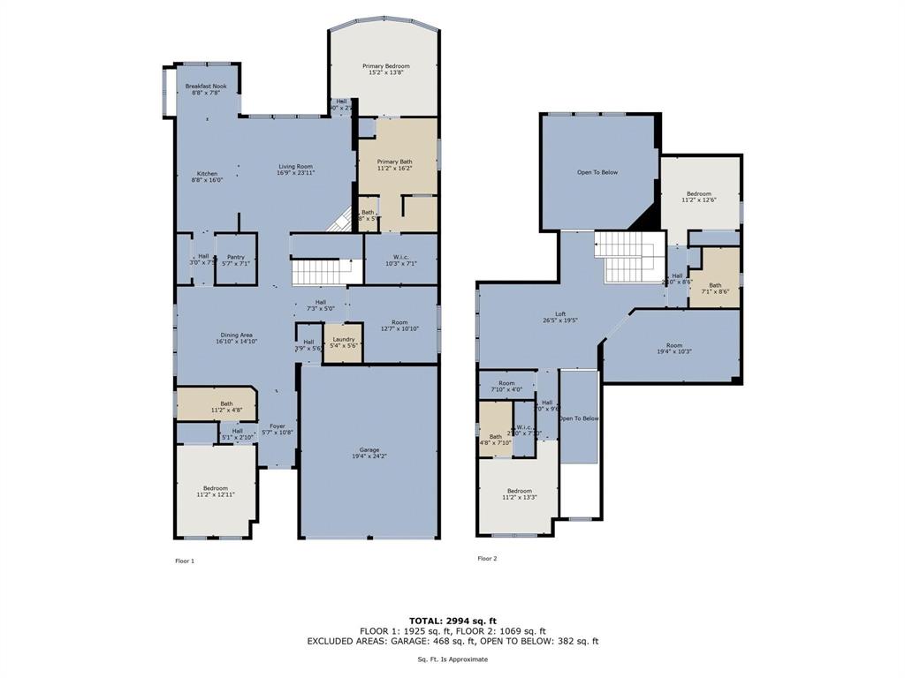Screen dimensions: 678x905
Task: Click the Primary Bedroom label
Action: click(x=385, y=66)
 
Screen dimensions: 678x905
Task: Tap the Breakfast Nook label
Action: click(x=206, y=87)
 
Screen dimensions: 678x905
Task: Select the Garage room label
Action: click(x=369, y=450)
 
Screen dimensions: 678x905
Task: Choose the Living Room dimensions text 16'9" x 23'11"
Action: click(x=296, y=173)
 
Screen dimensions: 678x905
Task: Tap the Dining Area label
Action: click(x=235, y=335)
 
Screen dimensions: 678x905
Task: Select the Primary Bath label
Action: click(x=394, y=162)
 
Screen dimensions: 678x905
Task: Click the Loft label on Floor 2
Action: click(x=559, y=314)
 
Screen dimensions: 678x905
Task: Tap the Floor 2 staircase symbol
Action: click(x=629, y=257)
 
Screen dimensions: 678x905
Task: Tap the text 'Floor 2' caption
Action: click(x=487, y=559)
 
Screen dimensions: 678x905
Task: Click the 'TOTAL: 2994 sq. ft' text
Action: click(x=452, y=621)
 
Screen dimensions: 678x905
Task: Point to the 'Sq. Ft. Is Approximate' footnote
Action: click(x=452, y=659)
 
